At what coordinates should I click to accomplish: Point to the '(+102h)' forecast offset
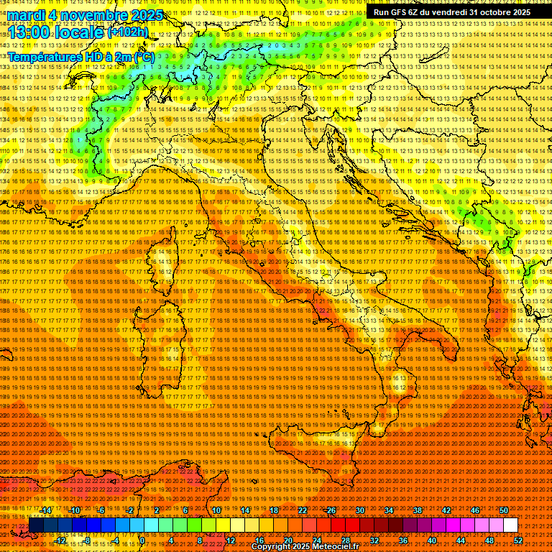click(127, 32)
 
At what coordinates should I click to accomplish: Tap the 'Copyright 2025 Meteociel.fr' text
click(305, 547)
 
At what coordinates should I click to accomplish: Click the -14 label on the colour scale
click(46, 510)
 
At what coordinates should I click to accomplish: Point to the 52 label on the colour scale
click(518, 540)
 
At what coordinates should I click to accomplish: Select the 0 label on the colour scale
click(142, 540)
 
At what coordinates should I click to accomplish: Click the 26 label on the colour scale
click(331, 510)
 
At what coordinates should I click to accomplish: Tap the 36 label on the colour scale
click(402, 540)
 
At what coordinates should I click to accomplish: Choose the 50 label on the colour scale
click(504, 510)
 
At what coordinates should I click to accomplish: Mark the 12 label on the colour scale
click(230, 540)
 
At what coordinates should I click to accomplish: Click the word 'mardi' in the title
click(24, 15)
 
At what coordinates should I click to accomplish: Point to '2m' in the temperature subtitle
click(123, 57)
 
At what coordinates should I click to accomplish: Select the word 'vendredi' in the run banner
click(446, 12)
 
